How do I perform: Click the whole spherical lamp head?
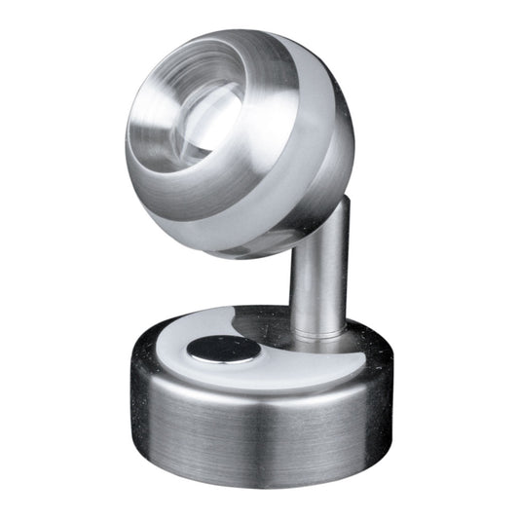click(x=239, y=141)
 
